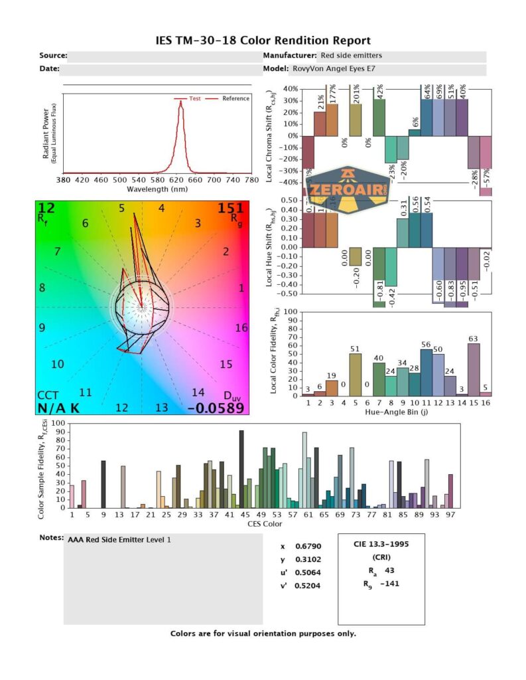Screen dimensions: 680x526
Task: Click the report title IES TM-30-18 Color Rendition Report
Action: click(x=263, y=41)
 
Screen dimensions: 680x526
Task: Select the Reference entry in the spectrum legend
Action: click(x=235, y=98)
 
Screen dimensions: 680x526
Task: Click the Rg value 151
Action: click(x=231, y=209)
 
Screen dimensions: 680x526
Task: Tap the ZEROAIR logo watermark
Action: click(x=349, y=189)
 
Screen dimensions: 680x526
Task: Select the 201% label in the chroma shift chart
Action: click(x=356, y=98)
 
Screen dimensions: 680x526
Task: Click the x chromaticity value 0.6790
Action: click(x=309, y=547)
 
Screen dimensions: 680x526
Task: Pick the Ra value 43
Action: click(x=389, y=570)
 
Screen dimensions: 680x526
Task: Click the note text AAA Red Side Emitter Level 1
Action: click(x=119, y=540)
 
